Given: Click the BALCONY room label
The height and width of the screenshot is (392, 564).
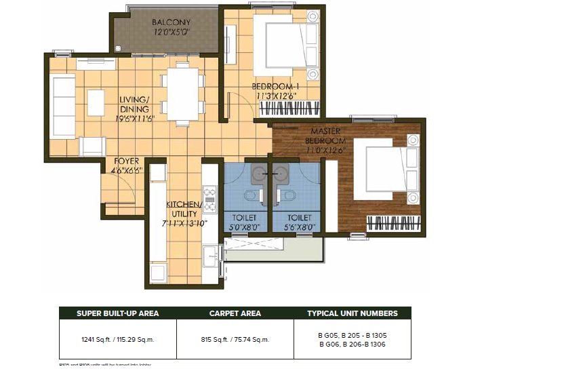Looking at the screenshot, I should [166, 22].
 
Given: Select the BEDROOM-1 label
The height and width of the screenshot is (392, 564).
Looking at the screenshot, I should [275, 87].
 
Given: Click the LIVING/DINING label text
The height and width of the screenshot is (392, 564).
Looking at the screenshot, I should [134, 104].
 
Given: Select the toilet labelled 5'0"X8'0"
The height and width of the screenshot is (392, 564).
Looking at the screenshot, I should [245, 222].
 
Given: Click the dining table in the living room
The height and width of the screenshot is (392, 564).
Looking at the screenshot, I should [182, 95].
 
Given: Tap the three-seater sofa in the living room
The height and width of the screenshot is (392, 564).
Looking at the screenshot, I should [62, 106].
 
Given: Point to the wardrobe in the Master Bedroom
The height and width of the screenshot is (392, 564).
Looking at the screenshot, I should [393, 222].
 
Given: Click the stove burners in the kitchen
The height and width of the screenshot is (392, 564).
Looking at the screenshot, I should [209, 197].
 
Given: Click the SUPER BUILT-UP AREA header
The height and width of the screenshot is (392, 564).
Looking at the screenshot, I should [117, 313].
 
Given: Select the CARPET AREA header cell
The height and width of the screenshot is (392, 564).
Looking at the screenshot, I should [235, 313].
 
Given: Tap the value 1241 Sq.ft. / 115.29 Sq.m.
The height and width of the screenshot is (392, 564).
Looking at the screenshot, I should [117, 339].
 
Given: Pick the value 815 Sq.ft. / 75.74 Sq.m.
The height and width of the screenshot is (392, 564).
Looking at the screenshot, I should [235, 339].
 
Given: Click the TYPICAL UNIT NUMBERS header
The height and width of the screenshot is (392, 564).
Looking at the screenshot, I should [352, 313].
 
